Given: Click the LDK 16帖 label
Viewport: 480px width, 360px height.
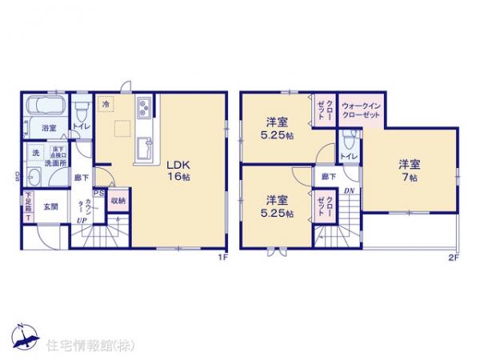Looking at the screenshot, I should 178,170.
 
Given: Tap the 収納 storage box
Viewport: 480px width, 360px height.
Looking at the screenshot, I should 117,200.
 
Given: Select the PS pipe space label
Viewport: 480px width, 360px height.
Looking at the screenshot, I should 98,192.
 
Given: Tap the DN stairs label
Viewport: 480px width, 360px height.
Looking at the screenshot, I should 350,191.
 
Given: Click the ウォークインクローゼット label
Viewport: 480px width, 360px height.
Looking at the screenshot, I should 360,110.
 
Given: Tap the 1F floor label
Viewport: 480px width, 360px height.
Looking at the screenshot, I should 225,258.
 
